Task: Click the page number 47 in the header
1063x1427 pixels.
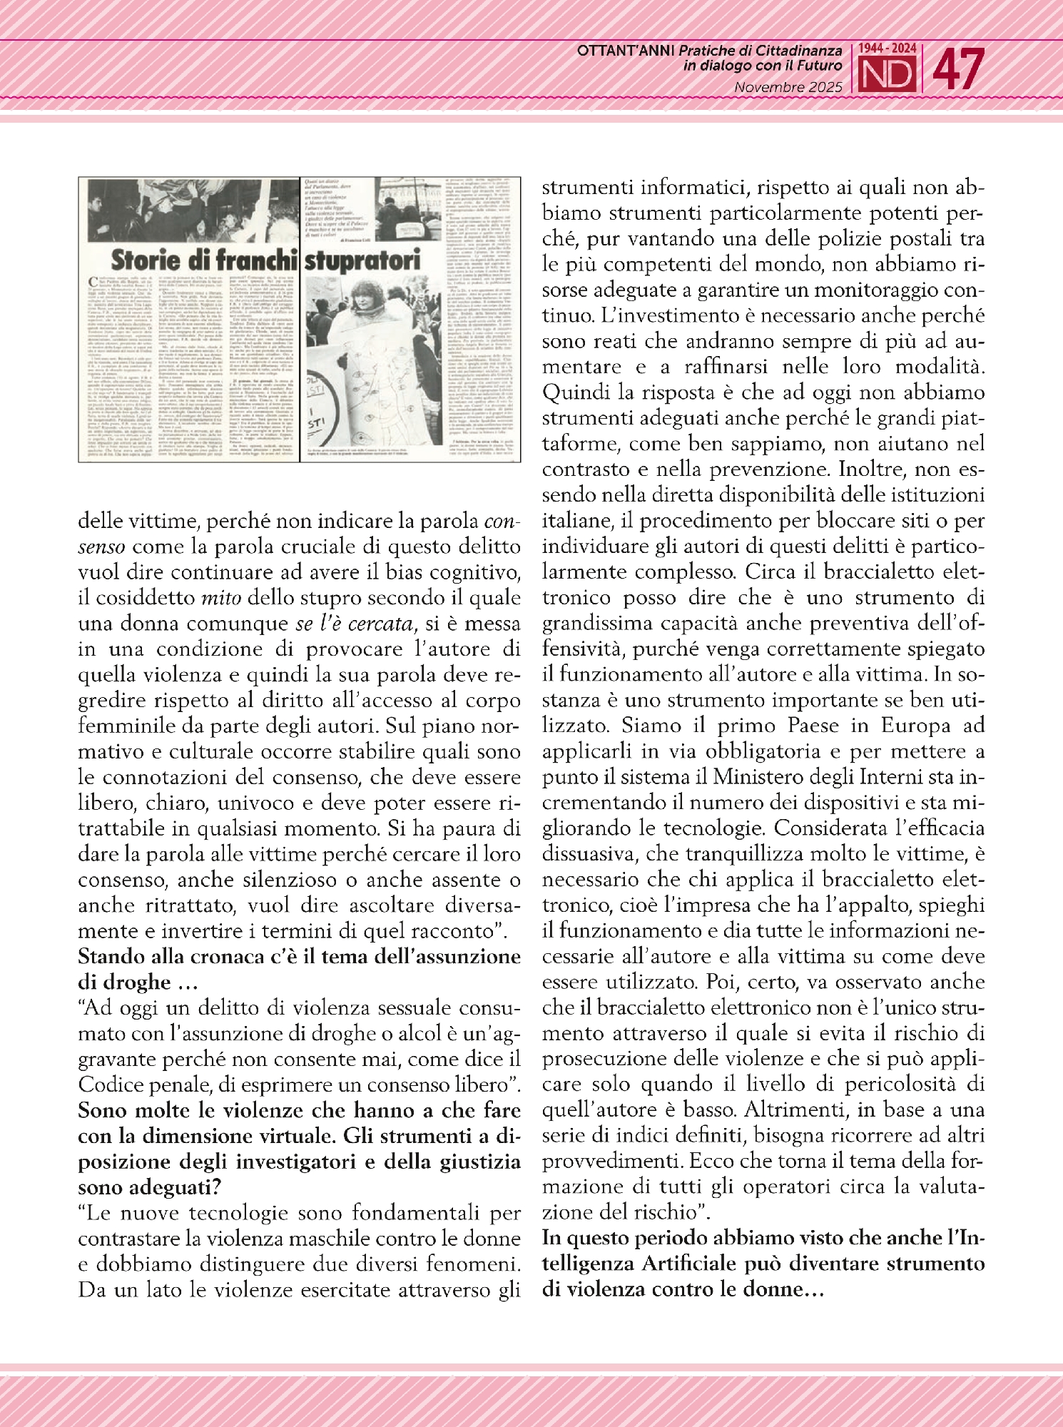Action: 959,69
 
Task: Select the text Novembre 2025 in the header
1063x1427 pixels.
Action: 788,87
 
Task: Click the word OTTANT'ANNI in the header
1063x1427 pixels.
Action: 626,51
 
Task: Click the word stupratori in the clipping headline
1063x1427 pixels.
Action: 362,260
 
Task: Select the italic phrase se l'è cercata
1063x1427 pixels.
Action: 355,623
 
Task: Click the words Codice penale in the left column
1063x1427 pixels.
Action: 138,1085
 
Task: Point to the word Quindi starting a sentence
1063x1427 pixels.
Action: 574,392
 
